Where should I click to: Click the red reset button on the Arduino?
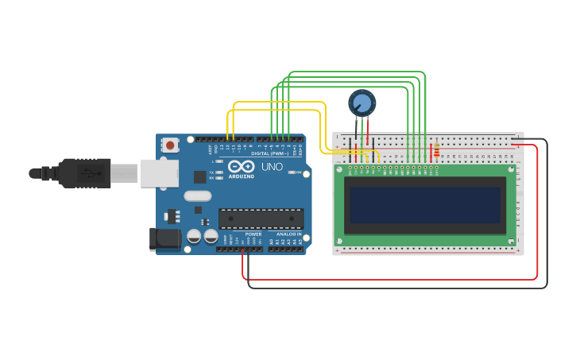(x=170, y=145)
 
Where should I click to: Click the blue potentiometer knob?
(x=361, y=103)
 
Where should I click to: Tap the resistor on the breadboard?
(x=435, y=149)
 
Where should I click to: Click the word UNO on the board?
(x=272, y=167)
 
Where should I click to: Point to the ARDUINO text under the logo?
(x=241, y=176)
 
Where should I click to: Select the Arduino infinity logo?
(x=241, y=167)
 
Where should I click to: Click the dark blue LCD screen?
(x=425, y=205)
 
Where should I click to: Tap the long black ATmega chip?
(x=261, y=219)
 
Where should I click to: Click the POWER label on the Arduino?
(x=253, y=234)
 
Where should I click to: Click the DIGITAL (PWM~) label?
(x=269, y=153)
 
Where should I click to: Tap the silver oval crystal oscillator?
(x=198, y=195)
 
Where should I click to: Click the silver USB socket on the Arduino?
(x=159, y=173)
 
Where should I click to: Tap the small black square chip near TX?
(x=199, y=176)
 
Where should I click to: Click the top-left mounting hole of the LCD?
(x=340, y=169)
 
